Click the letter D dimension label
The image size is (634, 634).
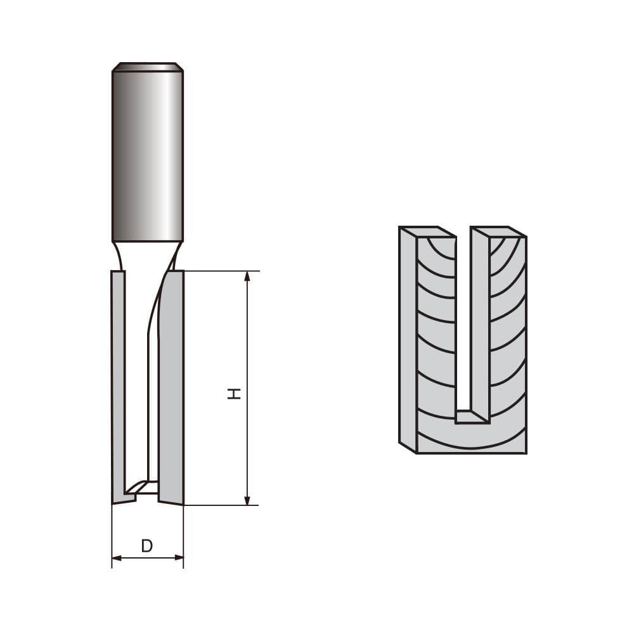pos(147,546)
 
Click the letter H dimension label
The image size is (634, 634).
pos(235,394)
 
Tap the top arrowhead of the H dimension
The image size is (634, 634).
pos(247,276)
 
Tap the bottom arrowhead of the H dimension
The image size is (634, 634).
pos(247,500)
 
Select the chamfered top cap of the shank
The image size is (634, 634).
pos(148,67)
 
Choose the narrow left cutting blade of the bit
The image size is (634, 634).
pos(117,380)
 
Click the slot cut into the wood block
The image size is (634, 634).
pos(463,317)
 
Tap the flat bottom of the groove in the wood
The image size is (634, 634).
pos(471,417)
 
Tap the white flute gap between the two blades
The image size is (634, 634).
pos(136,380)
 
